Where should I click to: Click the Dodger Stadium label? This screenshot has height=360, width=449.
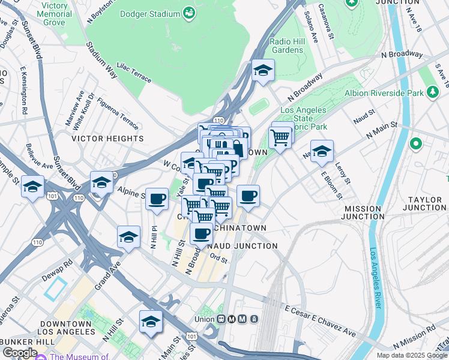(x=151, y=11)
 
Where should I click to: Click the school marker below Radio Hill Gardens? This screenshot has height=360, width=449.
(x=263, y=71)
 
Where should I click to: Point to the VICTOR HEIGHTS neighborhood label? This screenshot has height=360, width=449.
(x=108, y=138)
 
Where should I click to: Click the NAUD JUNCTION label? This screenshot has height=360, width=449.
(x=242, y=246)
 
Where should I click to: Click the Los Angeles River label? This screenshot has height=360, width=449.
(x=375, y=278)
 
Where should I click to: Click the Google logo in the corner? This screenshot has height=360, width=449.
(x=19, y=352)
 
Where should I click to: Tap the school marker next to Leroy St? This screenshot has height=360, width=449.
(x=322, y=152)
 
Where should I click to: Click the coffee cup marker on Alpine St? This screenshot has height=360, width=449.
(x=157, y=199)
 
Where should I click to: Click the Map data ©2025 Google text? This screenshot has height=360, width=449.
(x=411, y=355)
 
